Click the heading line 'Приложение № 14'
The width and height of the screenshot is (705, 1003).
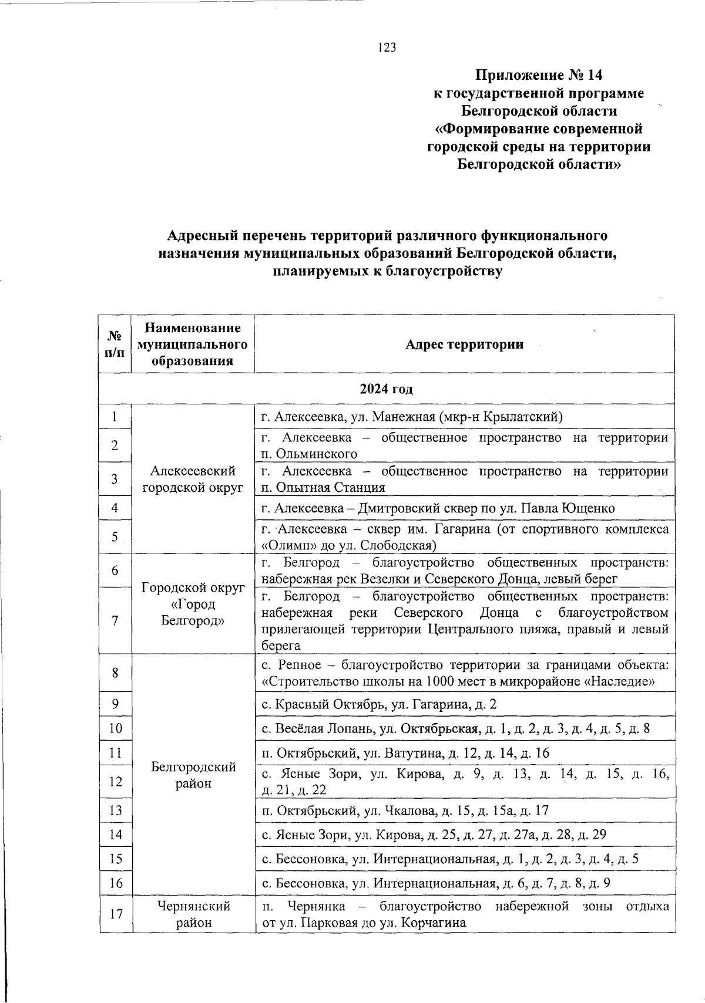[539, 75]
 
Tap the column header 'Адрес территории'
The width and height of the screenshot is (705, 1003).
[464, 345]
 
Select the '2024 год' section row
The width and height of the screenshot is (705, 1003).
[387, 389]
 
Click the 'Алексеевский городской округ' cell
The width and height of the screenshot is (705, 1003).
[193, 479]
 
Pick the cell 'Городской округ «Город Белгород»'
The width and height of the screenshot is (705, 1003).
[193, 604]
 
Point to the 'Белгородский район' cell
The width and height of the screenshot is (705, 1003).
[193, 775]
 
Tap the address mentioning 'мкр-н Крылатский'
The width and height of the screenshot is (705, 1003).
[412, 417]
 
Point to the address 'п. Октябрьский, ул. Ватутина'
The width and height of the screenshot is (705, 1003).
[405, 753]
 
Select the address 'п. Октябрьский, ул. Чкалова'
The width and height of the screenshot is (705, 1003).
[405, 810]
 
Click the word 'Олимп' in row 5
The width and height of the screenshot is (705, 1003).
[285, 545]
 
